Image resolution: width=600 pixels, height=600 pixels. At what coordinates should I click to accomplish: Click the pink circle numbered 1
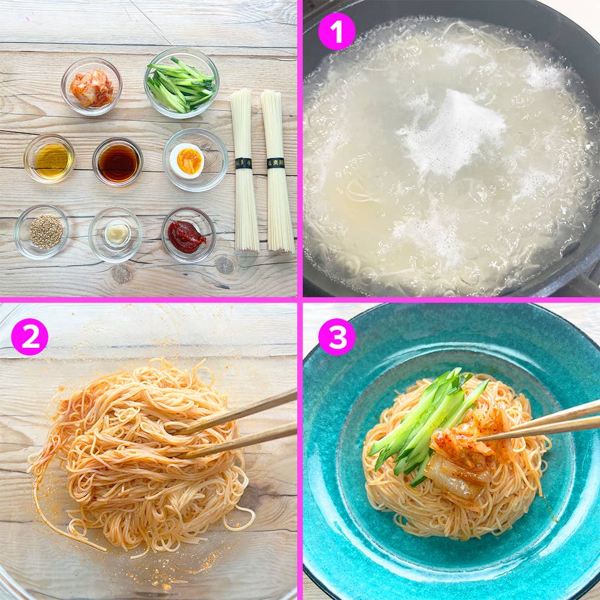point(336,31)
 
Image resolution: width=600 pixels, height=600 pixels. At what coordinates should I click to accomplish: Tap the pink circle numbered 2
point(29,336)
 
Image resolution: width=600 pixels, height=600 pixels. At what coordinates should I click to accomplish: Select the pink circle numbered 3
point(336,336)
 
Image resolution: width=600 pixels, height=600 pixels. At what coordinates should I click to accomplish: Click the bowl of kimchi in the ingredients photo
point(92,87)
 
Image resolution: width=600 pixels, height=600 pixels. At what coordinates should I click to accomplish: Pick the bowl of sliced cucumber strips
point(181,84)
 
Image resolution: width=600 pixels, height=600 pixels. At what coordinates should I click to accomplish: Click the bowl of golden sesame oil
point(50,159)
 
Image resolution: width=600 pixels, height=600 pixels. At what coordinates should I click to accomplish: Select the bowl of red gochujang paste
point(187,236)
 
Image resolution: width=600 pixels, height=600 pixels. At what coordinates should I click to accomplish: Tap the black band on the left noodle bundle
point(244,163)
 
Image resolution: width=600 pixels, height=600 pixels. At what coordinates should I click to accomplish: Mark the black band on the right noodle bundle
point(276,163)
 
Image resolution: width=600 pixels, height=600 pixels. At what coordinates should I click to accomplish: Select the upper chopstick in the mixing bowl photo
point(242,412)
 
